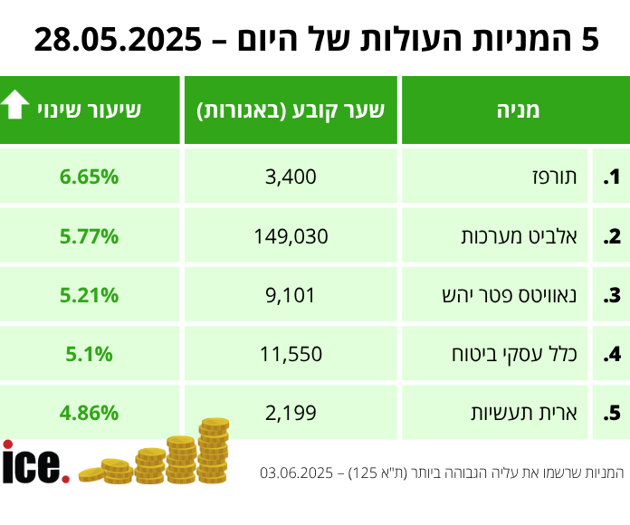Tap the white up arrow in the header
coord(15,107)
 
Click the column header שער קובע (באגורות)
coord(291,110)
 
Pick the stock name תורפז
coord(556,177)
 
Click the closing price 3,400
coord(291,177)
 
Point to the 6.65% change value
coord(90,177)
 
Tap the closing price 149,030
coord(291,236)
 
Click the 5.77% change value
coord(90,236)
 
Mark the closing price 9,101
coord(291,295)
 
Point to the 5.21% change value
coord(90,295)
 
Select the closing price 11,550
coord(291,354)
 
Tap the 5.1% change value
coord(90,354)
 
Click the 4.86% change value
coord(90,414)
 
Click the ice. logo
coord(34,463)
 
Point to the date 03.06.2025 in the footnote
coord(298,472)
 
